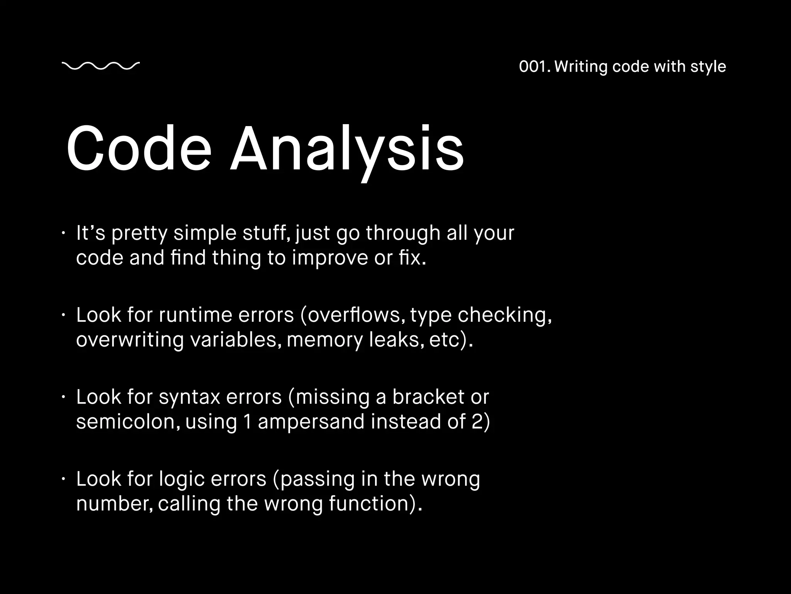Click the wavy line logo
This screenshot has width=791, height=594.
100,66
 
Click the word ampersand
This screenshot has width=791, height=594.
311,422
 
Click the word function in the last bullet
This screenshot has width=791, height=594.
369,504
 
